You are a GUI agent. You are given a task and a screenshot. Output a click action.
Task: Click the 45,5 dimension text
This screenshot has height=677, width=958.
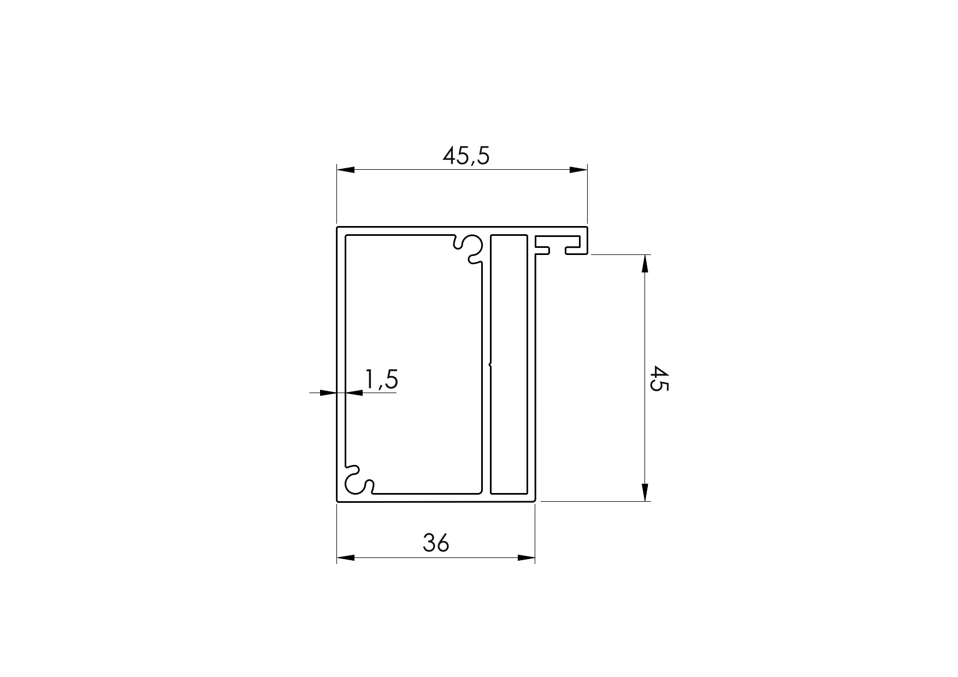(x=466, y=156)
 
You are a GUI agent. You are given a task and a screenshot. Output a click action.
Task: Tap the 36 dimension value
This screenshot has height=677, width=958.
(x=436, y=543)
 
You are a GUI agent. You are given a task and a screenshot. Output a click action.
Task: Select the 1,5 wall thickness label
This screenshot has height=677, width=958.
(x=381, y=380)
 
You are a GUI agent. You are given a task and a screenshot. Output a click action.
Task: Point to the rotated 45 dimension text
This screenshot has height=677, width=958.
(x=660, y=379)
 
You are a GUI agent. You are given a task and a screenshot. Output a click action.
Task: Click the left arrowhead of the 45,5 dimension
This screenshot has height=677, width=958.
(x=346, y=170)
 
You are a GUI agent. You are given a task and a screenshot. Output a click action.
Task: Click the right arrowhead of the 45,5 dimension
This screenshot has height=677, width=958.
(x=578, y=170)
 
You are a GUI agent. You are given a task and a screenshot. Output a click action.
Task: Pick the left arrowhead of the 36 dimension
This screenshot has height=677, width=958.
(x=346, y=557)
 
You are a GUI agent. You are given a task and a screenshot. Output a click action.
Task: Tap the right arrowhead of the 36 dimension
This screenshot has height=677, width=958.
(x=526, y=557)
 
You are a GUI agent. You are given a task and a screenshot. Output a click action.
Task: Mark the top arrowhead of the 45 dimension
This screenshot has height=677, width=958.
(x=645, y=264)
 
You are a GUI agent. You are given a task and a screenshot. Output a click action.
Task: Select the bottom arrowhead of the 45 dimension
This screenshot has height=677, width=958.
(x=645, y=491)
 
